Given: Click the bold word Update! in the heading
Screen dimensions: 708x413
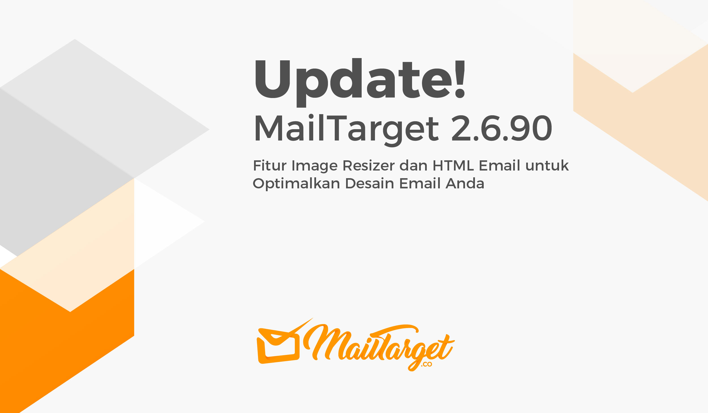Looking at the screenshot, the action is pos(360,82).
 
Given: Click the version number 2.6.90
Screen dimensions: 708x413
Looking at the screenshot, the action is pos(502,128).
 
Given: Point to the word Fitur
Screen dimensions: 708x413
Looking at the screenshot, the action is pos(270,165).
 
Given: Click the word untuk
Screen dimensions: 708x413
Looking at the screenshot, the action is pos(547,165).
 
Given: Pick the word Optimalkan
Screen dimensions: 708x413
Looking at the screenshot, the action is pos(296,184).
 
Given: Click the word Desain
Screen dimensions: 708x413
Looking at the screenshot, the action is pos(370,183).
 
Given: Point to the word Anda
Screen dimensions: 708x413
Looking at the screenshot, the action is pos(465,183).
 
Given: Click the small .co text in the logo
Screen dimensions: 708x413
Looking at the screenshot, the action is pos(426,365).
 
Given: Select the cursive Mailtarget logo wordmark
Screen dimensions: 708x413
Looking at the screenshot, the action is pos(379,347).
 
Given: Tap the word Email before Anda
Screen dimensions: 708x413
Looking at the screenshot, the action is pos(420,183).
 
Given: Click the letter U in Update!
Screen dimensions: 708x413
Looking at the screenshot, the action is pos(273,79).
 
